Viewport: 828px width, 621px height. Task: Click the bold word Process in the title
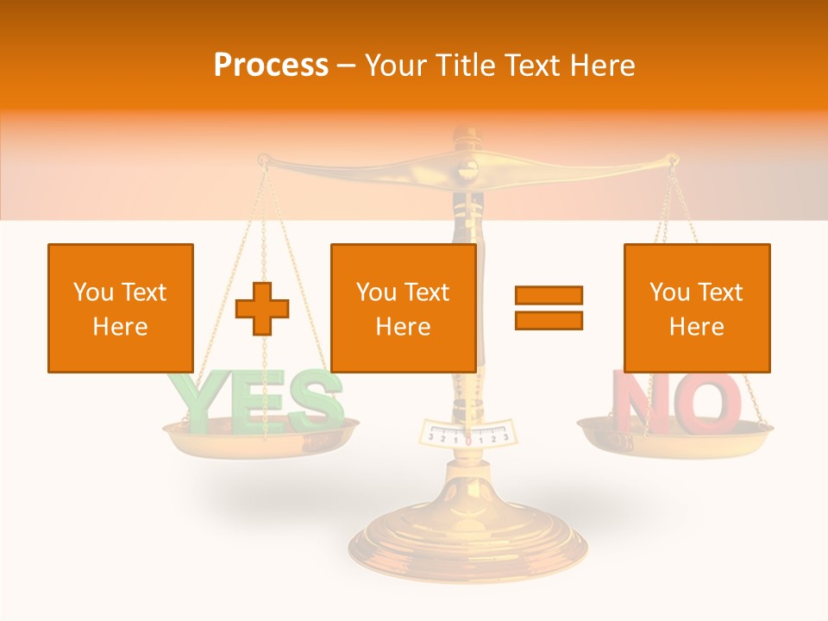tap(271, 66)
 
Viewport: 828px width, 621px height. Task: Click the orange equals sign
tap(549, 308)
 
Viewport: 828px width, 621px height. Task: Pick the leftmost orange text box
tap(121, 308)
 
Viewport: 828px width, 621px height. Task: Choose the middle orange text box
tap(404, 308)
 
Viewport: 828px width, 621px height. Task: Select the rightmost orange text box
tap(697, 308)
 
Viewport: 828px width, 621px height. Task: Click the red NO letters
tap(676, 401)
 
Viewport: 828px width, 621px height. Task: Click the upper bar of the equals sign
tap(549, 295)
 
